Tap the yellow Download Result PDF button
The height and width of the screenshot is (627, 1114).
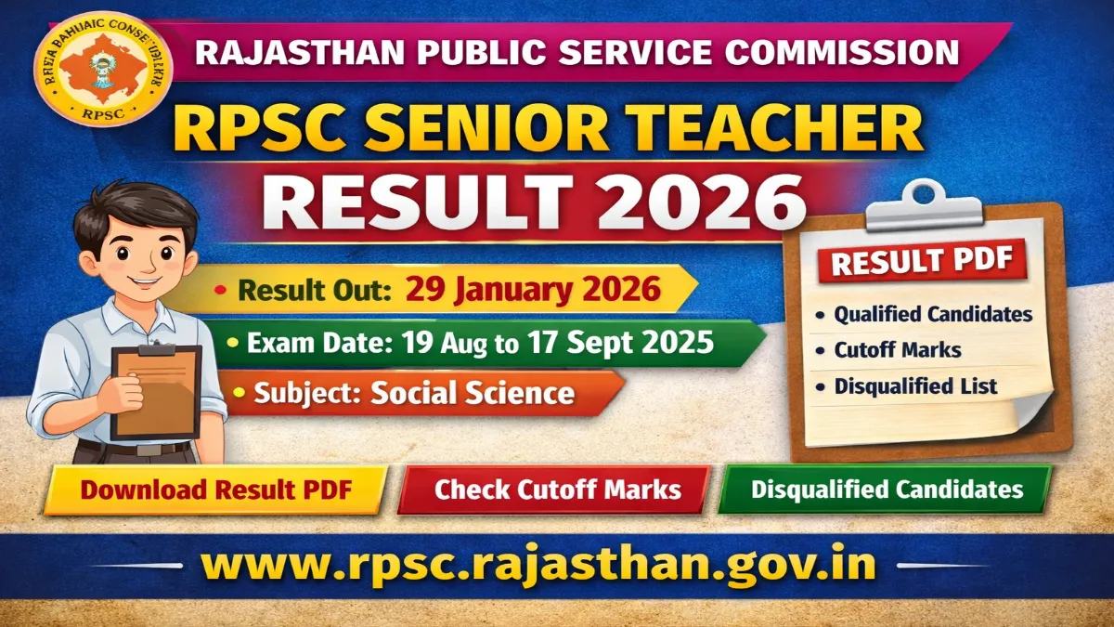[x=215, y=490]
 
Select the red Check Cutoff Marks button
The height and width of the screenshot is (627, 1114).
[x=557, y=490]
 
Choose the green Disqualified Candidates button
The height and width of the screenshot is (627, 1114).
[x=887, y=489]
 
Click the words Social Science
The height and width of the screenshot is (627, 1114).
[x=473, y=393]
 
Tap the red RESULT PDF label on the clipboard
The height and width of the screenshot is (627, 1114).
[x=922, y=262]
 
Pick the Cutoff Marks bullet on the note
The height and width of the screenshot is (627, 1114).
[x=897, y=351]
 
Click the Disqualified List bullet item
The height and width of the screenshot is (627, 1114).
[x=915, y=386]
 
